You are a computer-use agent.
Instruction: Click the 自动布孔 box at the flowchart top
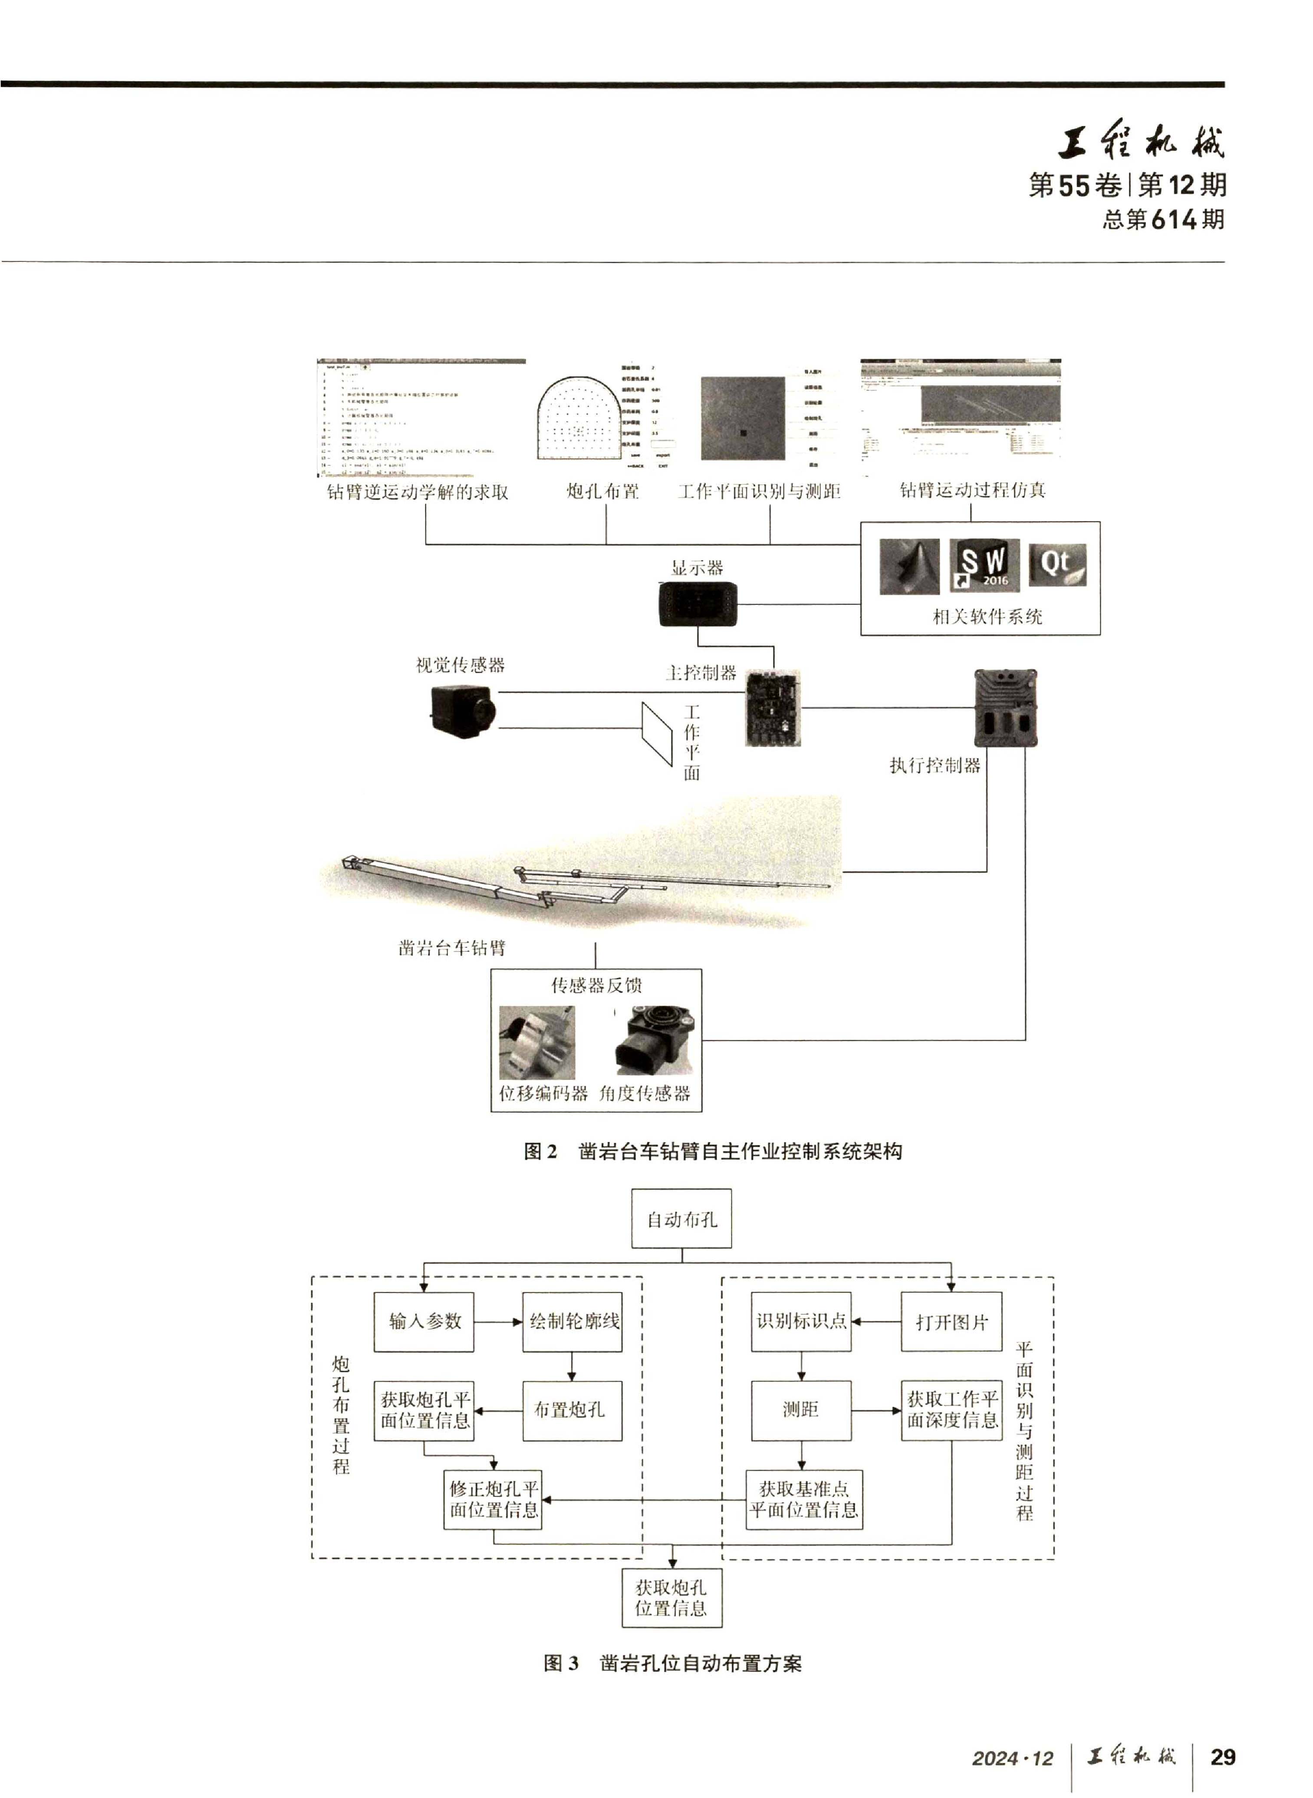point(681,1218)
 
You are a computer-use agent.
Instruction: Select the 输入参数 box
point(424,1322)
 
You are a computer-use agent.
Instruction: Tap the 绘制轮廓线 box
point(572,1322)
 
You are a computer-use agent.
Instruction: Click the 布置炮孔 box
point(572,1410)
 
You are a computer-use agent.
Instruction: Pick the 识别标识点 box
point(801,1321)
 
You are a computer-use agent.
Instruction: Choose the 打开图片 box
point(951,1322)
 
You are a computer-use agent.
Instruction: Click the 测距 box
point(801,1410)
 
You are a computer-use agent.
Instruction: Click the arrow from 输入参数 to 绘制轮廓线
point(498,1322)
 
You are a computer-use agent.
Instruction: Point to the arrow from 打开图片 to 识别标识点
point(876,1322)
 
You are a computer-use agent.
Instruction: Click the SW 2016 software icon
point(984,566)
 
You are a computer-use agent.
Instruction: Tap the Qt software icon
point(1057,565)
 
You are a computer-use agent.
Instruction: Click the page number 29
point(1222,1757)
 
